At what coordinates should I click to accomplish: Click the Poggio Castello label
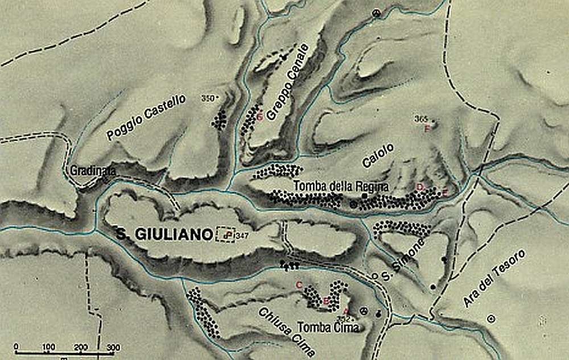[x=146, y=118]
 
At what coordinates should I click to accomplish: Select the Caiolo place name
[x=378, y=155]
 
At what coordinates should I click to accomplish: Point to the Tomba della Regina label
[x=341, y=186]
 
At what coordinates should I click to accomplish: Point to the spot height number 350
[x=209, y=98]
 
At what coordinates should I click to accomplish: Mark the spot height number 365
[x=421, y=118]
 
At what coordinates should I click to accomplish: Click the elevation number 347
[x=241, y=234]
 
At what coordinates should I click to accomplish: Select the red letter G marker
[x=259, y=118]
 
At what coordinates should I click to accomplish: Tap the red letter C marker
[x=298, y=284]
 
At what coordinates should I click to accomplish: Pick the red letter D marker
[x=420, y=187]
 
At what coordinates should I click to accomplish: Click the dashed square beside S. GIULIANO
[x=226, y=234]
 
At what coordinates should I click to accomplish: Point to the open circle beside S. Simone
[x=374, y=276]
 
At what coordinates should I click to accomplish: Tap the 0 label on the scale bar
[x=16, y=347]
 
